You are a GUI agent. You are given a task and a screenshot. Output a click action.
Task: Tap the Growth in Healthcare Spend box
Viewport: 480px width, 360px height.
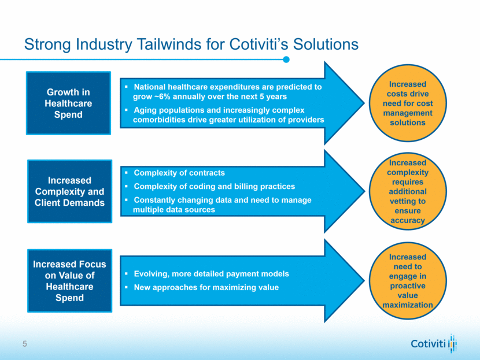[x=68, y=103]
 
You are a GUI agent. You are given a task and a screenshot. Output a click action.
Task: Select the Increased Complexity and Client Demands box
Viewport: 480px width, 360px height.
[x=68, y=191]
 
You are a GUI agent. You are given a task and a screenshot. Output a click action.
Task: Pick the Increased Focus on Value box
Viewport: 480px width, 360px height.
[x=68, y=281]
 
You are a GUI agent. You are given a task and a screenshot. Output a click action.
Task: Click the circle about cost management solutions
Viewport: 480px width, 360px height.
[x=408, y=103]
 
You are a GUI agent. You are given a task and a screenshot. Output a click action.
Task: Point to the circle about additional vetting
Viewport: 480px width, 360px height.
[x=408, y=191]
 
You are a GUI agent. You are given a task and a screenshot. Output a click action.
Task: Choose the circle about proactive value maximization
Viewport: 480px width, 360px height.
[x=408, y=281]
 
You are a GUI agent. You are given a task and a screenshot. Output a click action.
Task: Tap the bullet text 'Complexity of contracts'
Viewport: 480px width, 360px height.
[x=179, y=173]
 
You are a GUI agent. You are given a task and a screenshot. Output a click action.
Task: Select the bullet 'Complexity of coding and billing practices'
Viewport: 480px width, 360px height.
[x=214, y=186]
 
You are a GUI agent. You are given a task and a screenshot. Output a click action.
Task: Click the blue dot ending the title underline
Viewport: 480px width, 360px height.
[x=286, y=59]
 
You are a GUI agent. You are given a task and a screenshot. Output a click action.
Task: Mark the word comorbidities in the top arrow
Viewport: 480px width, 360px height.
[x=161, y=120]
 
